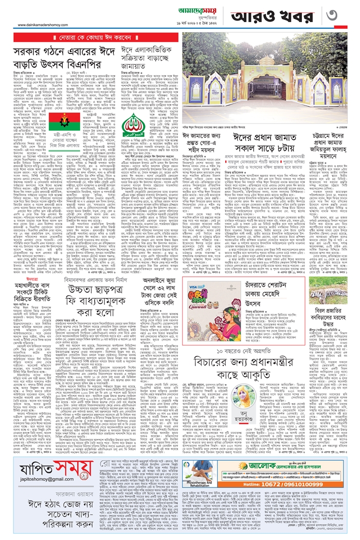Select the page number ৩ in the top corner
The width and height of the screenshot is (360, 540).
pos(345,15)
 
